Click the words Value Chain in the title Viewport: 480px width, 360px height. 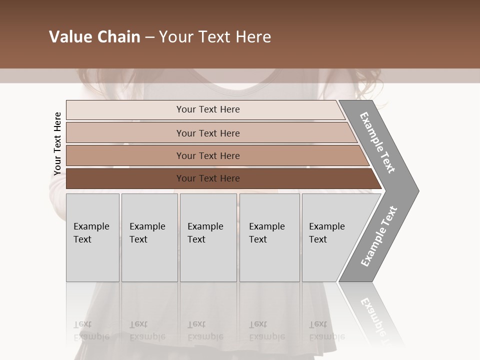[x=94, y=37]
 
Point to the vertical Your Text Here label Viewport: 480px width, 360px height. [x=57, y=144]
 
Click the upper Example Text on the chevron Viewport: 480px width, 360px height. [x=377, y=142]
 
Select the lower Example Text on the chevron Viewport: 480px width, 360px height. [x=378, y=236]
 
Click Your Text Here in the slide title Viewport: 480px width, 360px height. [x=215, y=37]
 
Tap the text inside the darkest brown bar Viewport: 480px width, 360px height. [x=208, y=178]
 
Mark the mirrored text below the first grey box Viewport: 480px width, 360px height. [x=91, y=330]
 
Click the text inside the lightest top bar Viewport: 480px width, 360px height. [x=208, y=109]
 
